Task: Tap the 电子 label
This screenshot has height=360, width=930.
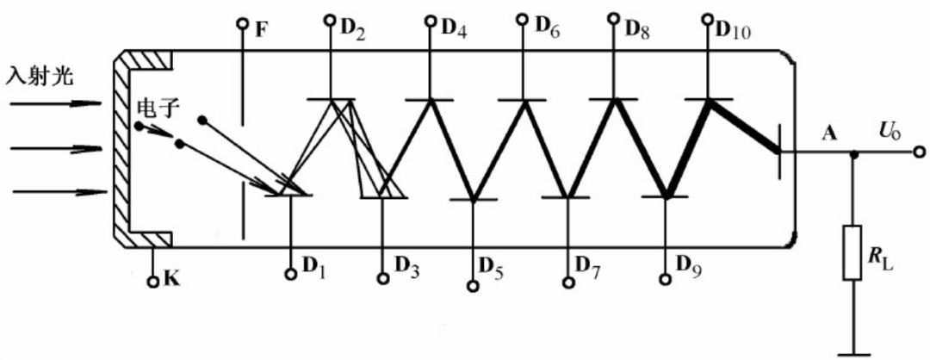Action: pos(156,109)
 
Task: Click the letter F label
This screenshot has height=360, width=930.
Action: pos(261,27)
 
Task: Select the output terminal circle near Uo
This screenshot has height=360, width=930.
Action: pos(918,154)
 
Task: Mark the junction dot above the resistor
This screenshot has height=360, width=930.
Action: pos(853,155)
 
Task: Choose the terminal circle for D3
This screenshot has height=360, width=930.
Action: pos(383,278)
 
